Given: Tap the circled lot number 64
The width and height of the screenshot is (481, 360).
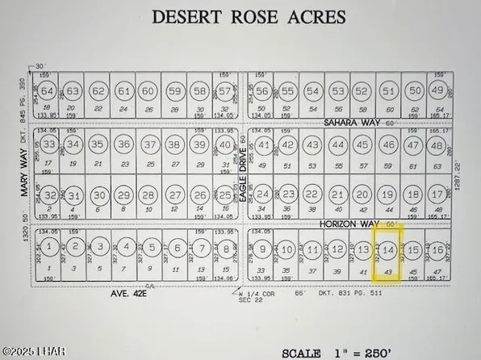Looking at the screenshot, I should tap(49, 91).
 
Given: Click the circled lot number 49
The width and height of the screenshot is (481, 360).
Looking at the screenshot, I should tap(438, 91).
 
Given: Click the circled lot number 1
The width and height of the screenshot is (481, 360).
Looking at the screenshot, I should tap(49, 246).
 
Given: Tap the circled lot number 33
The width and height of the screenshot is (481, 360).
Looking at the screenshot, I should tap(49, 145).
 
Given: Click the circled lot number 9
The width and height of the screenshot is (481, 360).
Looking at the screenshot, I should tap(263, 249).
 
